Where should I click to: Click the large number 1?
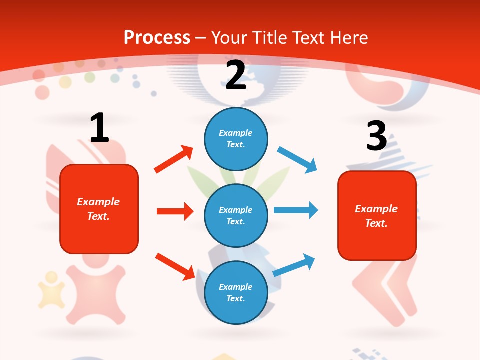pos(99,128)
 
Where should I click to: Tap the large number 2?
pos(236,75)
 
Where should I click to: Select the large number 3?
pos(376,136)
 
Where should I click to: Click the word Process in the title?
pos(157,37)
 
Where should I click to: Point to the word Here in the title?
pos(348,37)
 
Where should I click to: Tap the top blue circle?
pos(236,139)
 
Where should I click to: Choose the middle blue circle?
pos(236,215)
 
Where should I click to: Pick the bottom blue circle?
pos(236,292)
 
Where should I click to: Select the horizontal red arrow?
pos(175,211)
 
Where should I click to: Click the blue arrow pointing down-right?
pos(297,159)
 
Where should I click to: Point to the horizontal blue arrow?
pos(296,210)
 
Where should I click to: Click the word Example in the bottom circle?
pos(236,287)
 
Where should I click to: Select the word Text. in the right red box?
pos(376,223)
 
